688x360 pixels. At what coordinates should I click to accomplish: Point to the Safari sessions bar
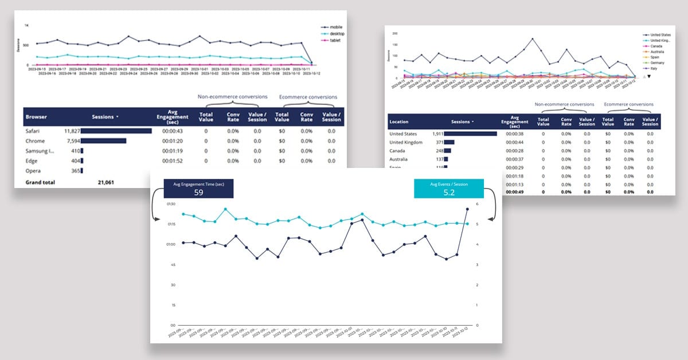point(116,131)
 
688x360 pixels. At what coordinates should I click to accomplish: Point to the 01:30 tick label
point(170,204)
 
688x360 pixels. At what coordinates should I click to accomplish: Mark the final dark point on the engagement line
point(468,209)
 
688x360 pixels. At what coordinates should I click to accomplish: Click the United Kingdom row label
point(406,142)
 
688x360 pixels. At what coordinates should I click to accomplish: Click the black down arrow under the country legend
point(649,76)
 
